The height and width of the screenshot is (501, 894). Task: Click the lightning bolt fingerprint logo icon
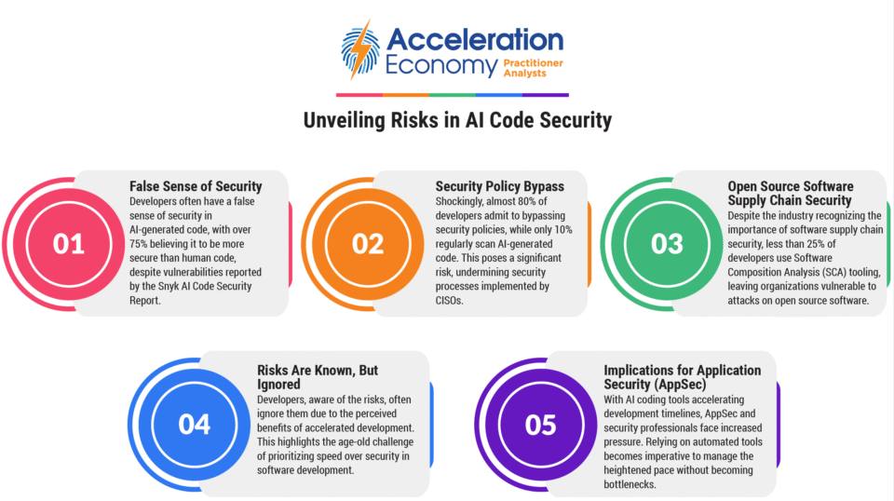359,49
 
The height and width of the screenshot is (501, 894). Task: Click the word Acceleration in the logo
475,39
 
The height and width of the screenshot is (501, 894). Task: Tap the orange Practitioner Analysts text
533,68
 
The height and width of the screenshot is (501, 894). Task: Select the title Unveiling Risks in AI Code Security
457,120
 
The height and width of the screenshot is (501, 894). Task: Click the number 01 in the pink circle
69,244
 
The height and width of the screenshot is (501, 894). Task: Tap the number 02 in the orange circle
368,244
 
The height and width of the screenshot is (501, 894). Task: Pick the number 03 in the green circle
667,244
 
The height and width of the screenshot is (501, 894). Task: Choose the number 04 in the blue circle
195,425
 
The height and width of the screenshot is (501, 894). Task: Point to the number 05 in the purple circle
541,425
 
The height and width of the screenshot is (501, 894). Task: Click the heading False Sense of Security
196,186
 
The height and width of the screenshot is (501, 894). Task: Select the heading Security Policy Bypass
500,186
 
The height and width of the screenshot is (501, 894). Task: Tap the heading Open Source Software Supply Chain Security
791,193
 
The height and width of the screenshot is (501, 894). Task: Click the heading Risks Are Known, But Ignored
318,377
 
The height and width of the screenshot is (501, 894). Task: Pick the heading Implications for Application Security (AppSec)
683,377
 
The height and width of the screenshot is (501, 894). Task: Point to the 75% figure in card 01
139,244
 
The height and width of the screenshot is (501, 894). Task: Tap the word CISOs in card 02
450,301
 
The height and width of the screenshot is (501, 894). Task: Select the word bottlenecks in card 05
630,484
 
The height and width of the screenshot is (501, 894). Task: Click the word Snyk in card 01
169,286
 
